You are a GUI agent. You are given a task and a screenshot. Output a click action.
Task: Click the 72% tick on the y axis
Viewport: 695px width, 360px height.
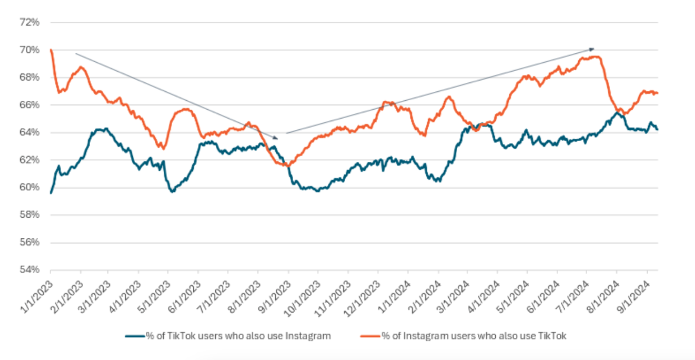click(30, 23)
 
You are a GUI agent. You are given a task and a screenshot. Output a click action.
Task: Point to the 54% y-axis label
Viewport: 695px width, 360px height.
click(30, 270)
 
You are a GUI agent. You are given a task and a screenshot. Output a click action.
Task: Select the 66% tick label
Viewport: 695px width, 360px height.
click(30, 105)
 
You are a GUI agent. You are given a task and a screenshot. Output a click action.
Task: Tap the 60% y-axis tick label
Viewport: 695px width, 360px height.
click(30, 187)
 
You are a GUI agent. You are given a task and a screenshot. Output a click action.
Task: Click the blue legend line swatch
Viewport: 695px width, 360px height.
click(135, 336)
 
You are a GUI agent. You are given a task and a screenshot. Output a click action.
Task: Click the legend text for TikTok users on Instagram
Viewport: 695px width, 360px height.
click(238, 336)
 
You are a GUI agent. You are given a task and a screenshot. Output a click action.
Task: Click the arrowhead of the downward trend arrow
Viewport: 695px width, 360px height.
click(276, 138)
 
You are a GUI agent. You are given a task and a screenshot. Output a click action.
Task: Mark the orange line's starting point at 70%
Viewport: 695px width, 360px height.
click(51, 50)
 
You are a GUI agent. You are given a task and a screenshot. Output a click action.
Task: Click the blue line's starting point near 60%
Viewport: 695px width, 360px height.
click(51, 192)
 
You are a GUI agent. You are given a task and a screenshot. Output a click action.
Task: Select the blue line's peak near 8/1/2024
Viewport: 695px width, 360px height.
click(617, 112)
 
